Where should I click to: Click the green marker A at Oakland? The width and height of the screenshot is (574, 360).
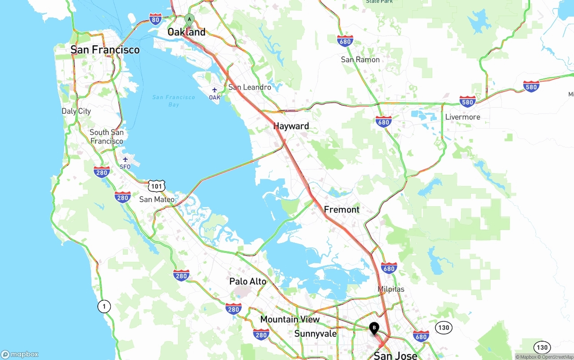[x=189, y=20]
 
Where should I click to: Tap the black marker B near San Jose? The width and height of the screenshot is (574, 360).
[x=374, y=328]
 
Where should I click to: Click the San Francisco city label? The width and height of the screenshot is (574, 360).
[x=105, y=50]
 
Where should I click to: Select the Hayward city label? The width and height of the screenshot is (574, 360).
[x=291, y=126]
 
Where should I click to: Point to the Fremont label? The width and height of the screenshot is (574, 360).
[x=342, y=209]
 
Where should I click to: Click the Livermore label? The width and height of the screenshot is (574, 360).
[x=462, y=117]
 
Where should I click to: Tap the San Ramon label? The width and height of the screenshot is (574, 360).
[x=360, y=60]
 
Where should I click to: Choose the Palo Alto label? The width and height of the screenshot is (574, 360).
[x=248, y=282]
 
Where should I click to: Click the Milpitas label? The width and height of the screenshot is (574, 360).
[x=391, y=289]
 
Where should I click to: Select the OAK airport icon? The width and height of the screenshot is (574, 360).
[x=215, y=90]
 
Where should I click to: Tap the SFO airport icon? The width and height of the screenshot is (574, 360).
[x=125, y=160]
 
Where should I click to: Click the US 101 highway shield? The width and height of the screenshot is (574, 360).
[x=157, y=186]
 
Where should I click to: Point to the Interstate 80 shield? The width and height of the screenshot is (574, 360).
[x=156, y=18]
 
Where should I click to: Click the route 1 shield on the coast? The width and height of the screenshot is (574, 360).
[x=104, y=307]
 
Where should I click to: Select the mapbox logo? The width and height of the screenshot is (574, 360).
[x=20, y=354]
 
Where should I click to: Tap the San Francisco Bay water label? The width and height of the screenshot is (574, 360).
[x=174, y=101]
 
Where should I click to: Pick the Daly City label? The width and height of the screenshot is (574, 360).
[x=76, y=111]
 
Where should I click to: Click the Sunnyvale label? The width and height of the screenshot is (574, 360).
[x=315, y=334]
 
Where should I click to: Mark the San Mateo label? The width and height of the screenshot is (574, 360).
[x=157, y=199]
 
